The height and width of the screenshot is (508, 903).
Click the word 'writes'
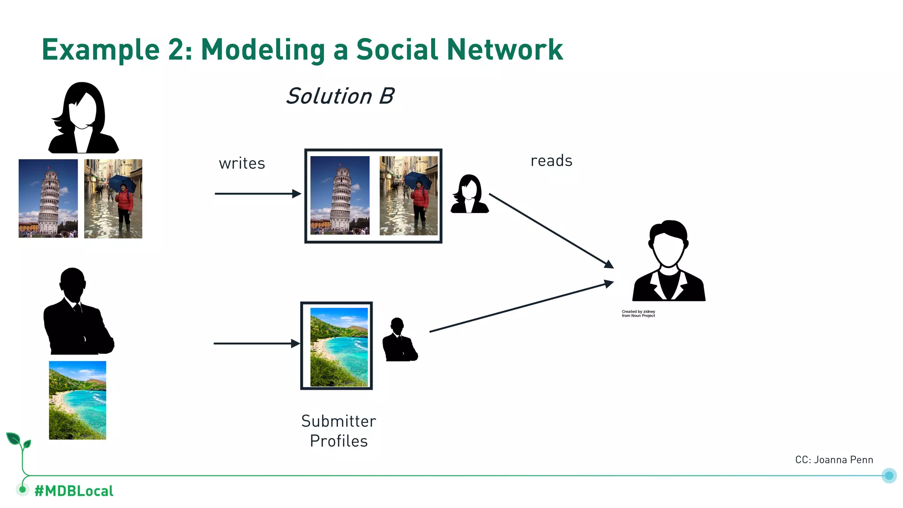242,164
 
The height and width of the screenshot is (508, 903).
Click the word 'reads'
551,161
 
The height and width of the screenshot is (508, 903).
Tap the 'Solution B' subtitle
340,96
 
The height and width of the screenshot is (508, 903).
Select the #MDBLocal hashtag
74,491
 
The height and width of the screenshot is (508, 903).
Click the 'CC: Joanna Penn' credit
834,460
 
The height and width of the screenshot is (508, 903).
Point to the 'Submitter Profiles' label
339,431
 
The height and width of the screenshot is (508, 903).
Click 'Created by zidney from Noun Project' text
638,314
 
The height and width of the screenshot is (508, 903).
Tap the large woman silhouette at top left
83,119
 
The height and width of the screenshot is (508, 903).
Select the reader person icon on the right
668,262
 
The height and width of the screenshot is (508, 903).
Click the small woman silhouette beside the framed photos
469,195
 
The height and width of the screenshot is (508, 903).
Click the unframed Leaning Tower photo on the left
48,198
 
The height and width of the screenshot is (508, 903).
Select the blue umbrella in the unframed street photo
122,182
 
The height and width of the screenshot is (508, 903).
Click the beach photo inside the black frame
339,347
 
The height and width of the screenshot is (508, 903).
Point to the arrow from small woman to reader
551,230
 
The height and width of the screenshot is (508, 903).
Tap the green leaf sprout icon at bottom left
19,441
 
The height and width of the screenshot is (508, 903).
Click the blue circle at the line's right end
889,475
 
